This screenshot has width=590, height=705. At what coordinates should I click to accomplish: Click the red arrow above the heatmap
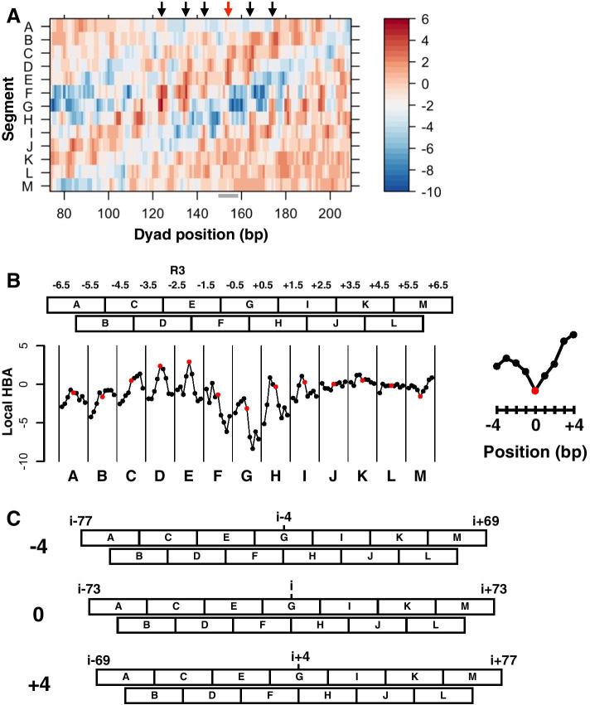point(229,9)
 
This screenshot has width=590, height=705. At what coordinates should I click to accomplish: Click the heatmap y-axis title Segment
point(10,108)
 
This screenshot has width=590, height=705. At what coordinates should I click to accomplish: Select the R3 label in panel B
point(177,270)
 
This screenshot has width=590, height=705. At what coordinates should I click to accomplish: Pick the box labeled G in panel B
point(249,306)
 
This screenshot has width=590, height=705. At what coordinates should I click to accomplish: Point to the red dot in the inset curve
point(535,390)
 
